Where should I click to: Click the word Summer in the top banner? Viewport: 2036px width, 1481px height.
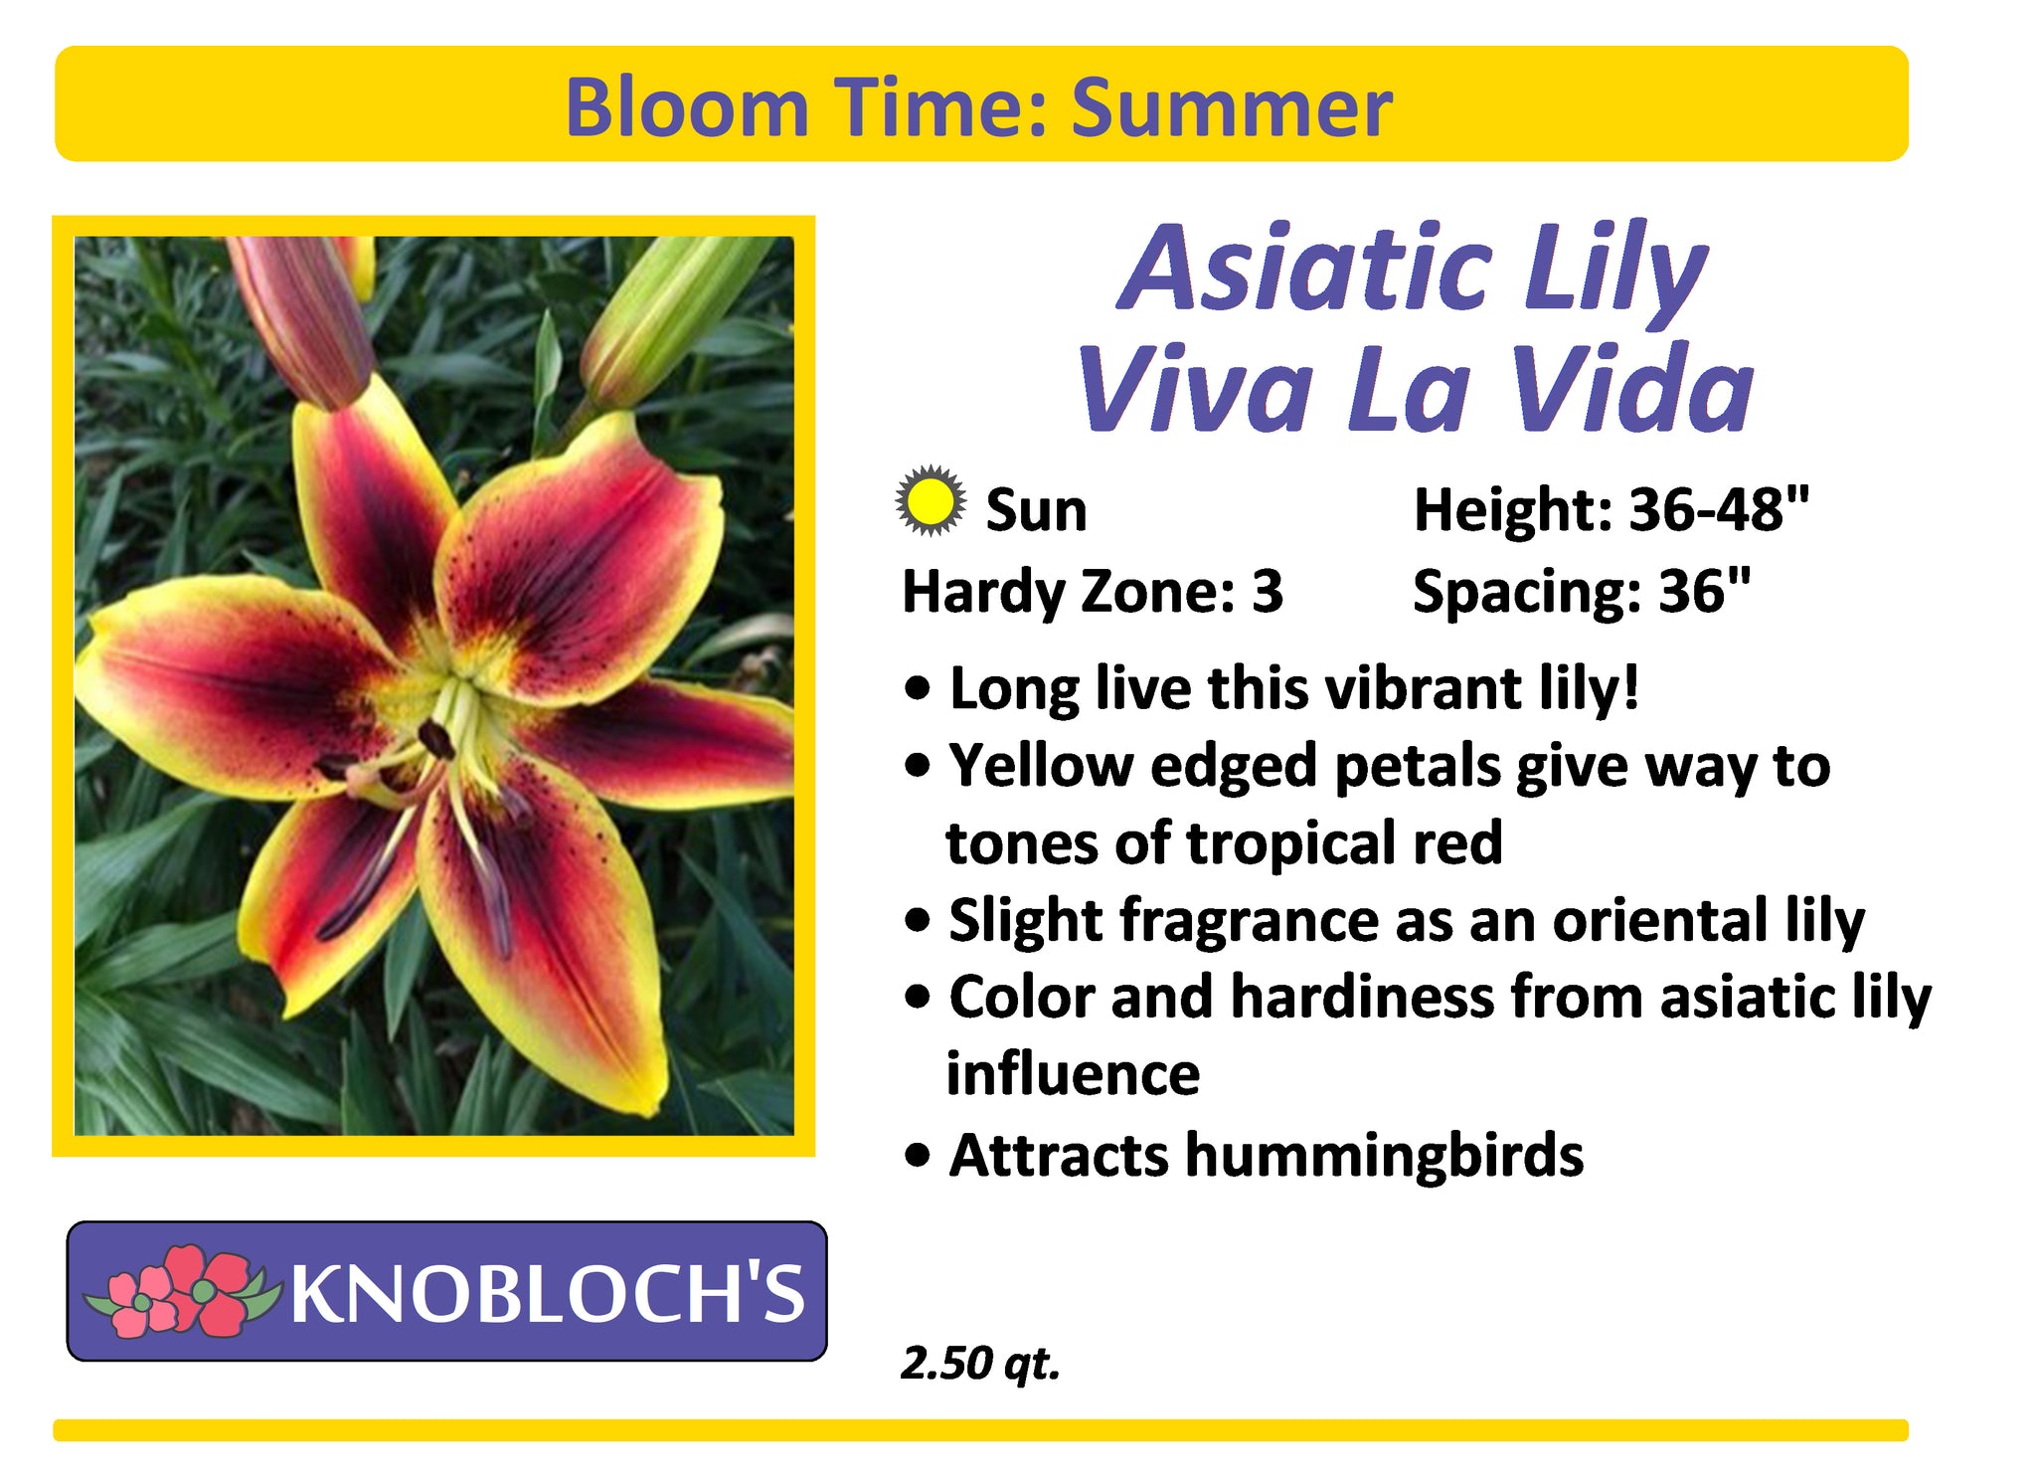[1231, 107]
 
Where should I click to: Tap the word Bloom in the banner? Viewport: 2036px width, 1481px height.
[687, 107]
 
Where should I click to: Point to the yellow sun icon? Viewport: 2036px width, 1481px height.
[930, 500]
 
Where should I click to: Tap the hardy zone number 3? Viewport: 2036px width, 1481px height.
[1268, 592]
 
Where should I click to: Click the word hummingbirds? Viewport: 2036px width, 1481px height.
[1385, 1156]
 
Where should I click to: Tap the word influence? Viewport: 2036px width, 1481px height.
[1073, 1074]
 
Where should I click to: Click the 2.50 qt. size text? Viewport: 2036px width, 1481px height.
[980, 1364]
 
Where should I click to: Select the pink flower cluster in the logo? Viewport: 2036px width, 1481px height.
[177, 1290]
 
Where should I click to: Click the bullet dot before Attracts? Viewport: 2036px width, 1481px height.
[920, 1157]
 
